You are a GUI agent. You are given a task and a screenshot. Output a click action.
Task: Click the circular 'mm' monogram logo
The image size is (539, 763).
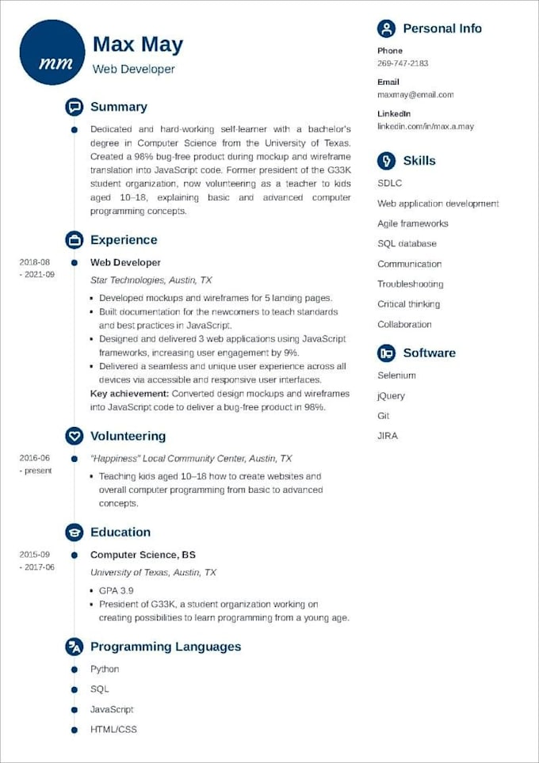pos(52,52)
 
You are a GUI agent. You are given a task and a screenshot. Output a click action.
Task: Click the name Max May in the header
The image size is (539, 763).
pos(138,44)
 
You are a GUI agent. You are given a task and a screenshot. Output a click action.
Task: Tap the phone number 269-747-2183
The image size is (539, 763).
pos(403,63)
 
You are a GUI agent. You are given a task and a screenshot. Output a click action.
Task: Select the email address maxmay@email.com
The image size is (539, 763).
pos(415,94)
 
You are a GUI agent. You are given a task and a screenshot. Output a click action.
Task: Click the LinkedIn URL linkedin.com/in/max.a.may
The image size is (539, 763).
pos(426,126)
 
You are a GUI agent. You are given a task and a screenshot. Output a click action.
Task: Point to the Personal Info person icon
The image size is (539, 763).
pos(386,29)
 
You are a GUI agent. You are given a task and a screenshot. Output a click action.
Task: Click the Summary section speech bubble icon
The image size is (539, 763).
pos(74,107)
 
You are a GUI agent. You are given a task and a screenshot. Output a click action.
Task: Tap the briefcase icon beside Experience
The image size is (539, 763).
pos(74,240)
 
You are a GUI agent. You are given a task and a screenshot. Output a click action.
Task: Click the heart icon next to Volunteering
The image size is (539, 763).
pos(74,436)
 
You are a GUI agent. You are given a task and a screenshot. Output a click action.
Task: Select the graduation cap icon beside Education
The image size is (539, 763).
pos(74,532)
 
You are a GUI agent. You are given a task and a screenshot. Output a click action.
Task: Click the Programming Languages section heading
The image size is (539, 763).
pos(165,647)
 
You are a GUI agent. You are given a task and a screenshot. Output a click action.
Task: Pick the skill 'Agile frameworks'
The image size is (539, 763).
pos(412,223)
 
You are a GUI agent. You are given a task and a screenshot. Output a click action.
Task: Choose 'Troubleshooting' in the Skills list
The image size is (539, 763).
pos(410,284)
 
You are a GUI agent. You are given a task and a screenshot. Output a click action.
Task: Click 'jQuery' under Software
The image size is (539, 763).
pos(391,395)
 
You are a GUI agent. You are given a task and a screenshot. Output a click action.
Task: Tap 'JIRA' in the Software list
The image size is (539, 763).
pos(388,436)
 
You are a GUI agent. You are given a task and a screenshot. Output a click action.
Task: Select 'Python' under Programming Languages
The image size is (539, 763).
pos(105,669)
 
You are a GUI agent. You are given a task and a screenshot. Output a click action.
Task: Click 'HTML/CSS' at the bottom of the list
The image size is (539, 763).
pos(113,729)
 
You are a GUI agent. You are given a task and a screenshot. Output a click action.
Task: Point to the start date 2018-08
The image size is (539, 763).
pos(35,262)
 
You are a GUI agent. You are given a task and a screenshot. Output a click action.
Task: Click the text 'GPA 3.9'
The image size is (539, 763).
pos(116,590)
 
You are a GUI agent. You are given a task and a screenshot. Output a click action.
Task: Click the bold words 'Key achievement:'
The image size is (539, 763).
pos(129,393)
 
